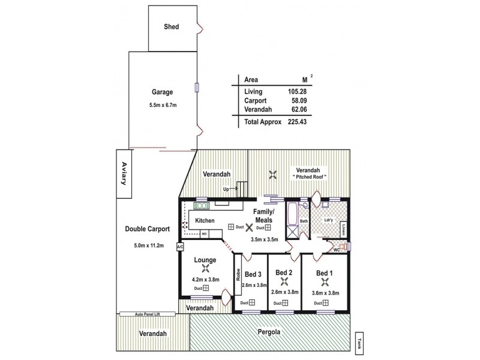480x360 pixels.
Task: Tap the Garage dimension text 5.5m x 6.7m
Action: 162,105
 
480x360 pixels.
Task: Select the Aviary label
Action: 125,173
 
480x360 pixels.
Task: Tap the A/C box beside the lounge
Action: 180,247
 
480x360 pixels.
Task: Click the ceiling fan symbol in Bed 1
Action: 324,283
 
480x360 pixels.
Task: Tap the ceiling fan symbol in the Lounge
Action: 205,269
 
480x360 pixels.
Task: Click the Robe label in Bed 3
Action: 238,275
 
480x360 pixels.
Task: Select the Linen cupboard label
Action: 343,229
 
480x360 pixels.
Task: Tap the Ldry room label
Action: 328,219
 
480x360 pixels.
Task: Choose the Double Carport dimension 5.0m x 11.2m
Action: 147,245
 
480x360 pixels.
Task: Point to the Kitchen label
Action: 205,220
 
